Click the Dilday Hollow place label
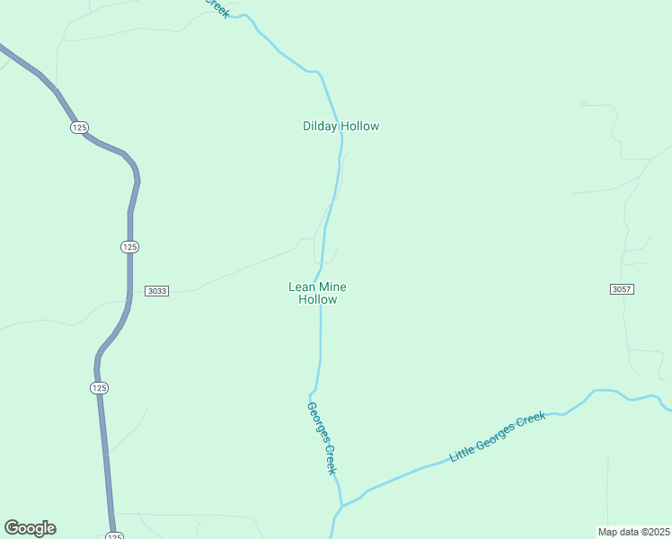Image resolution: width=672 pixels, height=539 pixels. tap(340, 127)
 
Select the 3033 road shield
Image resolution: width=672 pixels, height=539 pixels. tap(156, 290)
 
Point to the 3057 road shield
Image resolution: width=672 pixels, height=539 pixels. tap(622, 288)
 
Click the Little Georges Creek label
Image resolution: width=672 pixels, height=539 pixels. tap(498, 436)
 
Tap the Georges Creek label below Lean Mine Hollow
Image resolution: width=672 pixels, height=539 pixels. tap(322, 437)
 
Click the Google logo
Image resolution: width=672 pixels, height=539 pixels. tap(30, 528)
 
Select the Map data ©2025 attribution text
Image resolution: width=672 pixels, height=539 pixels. tap(633, 531)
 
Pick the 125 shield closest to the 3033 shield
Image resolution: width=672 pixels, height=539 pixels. tap(129, 246)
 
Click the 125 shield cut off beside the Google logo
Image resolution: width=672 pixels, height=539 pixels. tap(113, 535)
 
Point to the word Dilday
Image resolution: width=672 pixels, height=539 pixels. tap(320, 127)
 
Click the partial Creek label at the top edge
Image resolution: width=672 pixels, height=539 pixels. tap(217, 7)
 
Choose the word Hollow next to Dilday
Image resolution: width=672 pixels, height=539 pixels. tap(360, 127)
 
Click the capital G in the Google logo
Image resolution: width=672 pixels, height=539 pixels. tap(12, 527)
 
